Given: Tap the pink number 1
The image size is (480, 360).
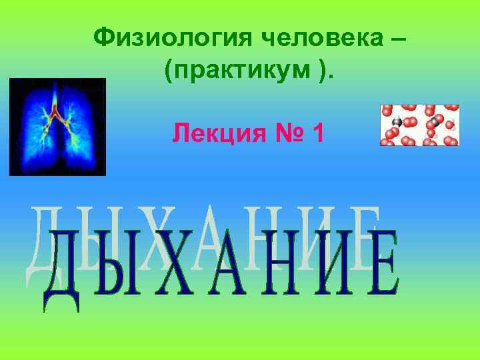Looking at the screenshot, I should [x=318, y=134].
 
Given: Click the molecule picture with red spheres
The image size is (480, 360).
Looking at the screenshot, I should [x=419, y=125].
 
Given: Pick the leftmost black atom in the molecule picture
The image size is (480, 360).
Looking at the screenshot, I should [x=396, y=122].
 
